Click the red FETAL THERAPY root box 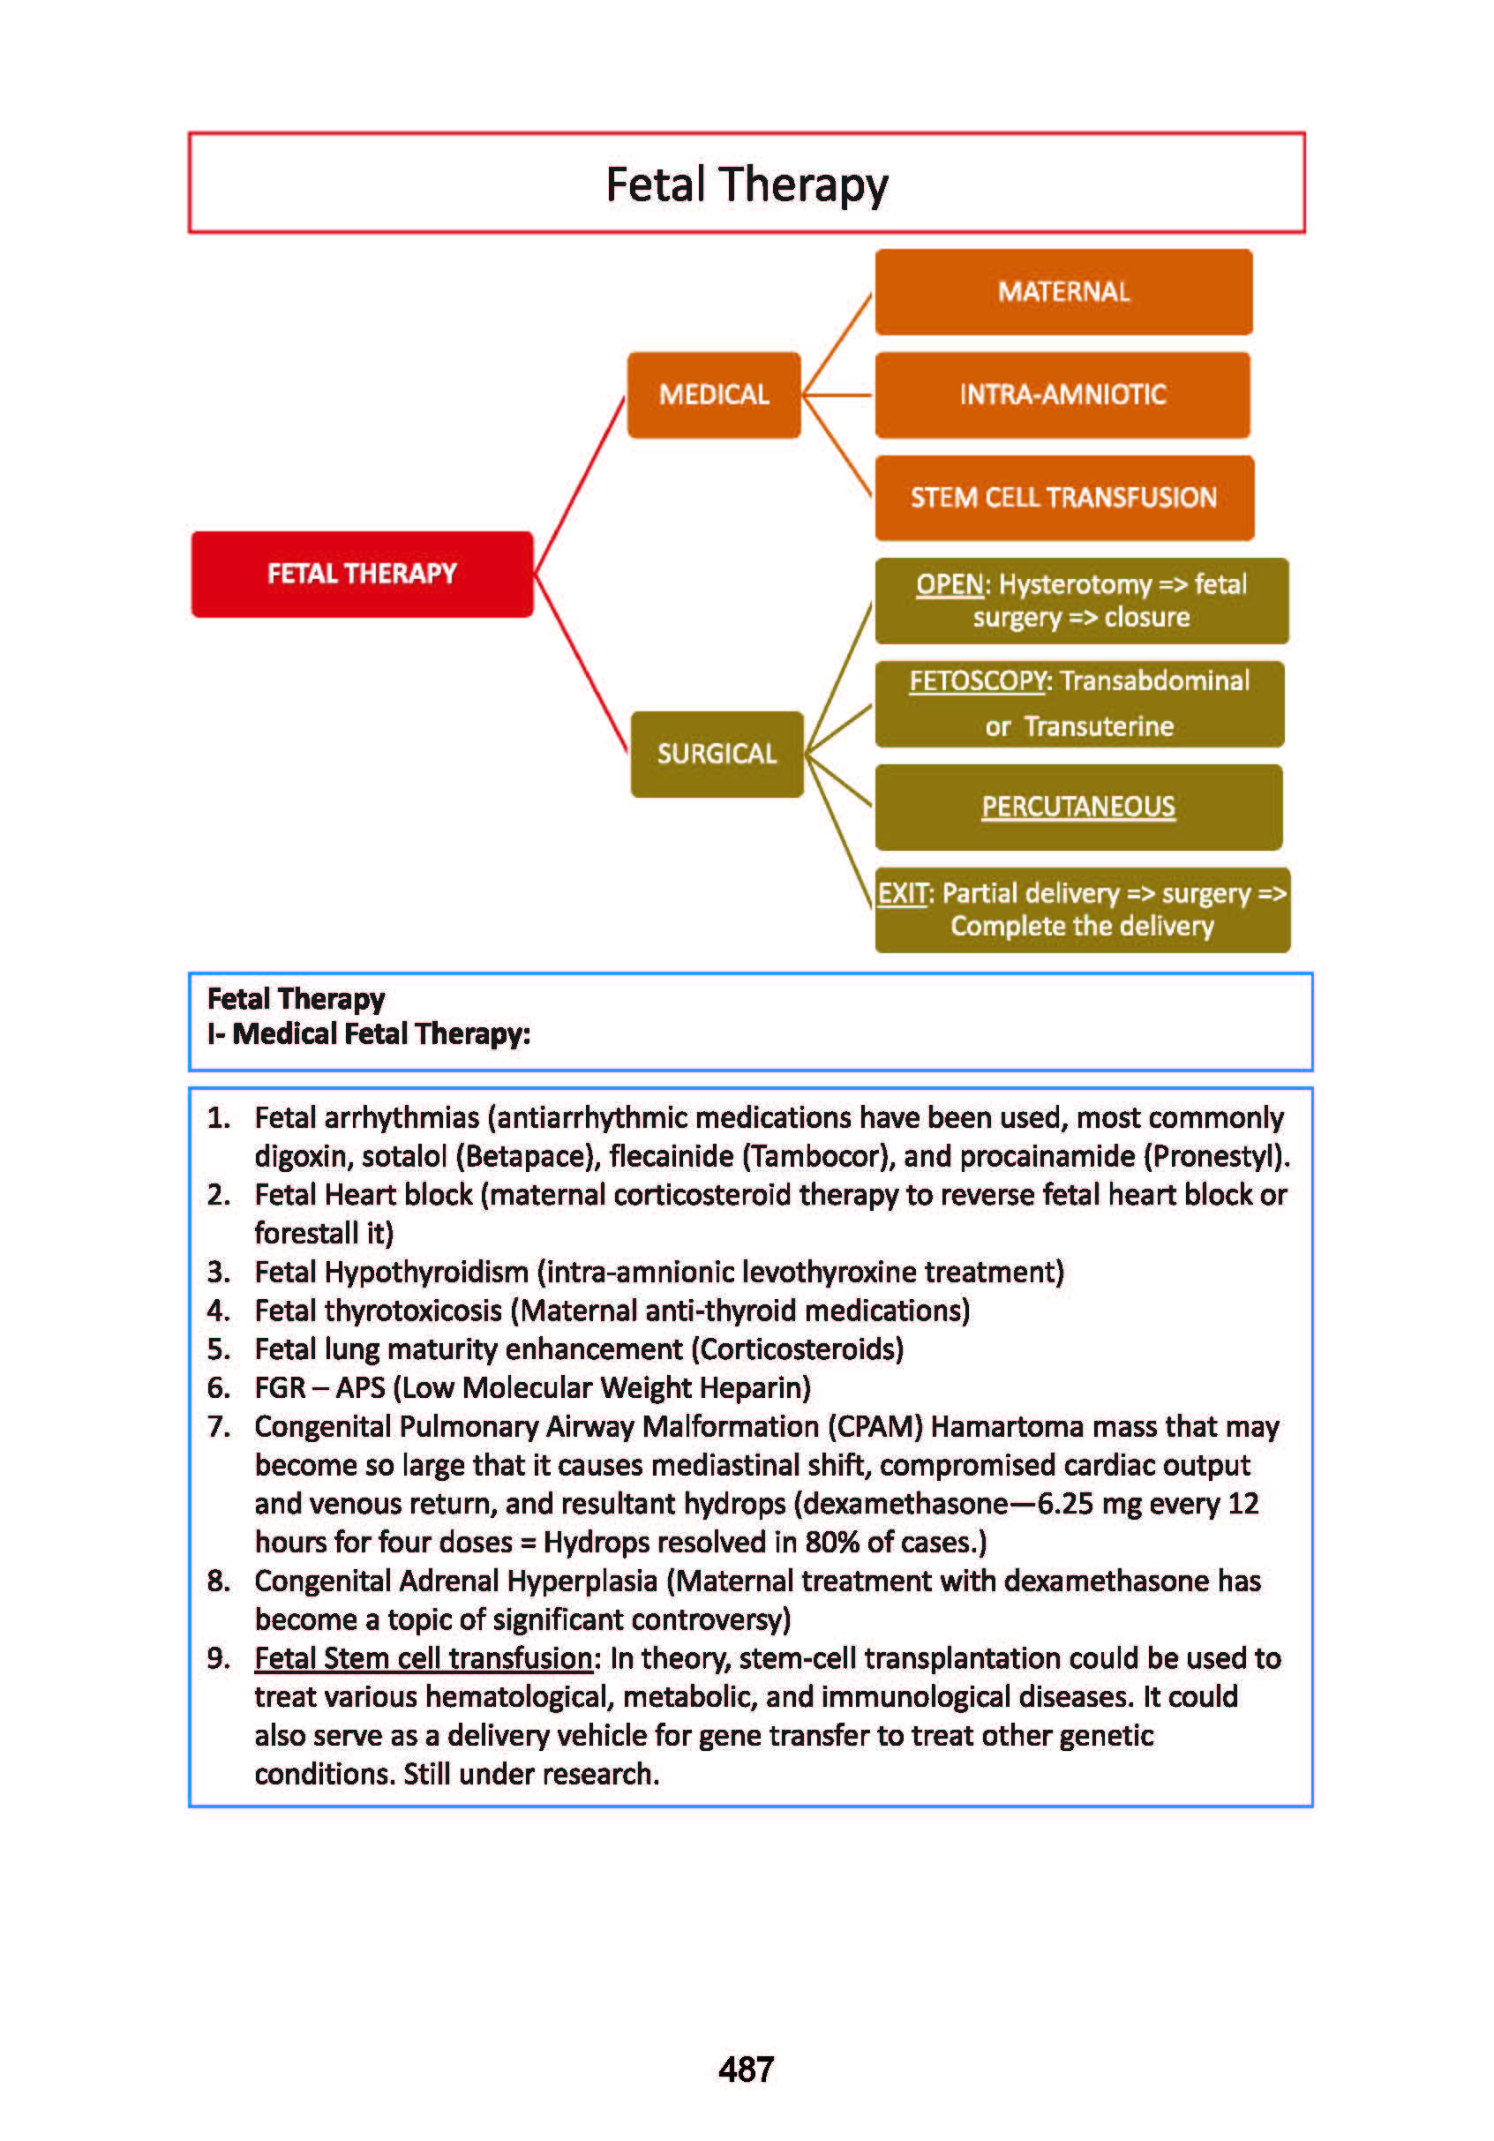coord(362,574)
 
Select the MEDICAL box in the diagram coord(713,394)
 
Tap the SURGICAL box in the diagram coord(717,754)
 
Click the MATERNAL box coord(1063,292)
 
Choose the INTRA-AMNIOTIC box coord(1062,394)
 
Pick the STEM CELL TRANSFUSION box coord(1064,497)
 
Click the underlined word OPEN coord(950,585)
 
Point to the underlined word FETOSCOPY coord(978,680)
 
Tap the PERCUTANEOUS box coord(1078,807)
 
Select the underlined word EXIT coord(902,893)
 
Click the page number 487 coord(746,2070)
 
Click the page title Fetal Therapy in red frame coord(747,184)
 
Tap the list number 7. coord(218,1427)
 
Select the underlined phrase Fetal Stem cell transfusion coord(424,1658)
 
